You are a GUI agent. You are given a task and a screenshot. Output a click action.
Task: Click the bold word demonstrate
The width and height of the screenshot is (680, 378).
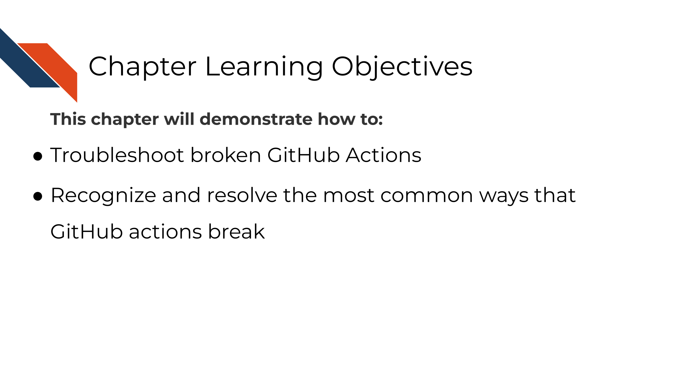256,119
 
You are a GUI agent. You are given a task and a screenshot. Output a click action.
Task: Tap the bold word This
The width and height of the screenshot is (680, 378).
68,119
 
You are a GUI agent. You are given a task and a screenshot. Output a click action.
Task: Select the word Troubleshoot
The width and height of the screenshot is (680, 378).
117,155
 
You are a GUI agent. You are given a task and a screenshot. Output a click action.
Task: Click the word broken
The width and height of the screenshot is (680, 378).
226,155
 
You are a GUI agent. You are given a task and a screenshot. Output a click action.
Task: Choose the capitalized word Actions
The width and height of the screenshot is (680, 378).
384,155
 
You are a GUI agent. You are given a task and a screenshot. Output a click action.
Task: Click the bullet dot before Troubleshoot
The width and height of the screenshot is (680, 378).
38,156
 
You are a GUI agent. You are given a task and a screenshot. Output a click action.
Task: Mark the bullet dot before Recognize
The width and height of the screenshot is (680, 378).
38,196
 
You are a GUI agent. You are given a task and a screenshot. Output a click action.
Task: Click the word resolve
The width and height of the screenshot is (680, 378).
242,195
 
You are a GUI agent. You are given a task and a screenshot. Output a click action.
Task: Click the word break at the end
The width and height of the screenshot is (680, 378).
237,231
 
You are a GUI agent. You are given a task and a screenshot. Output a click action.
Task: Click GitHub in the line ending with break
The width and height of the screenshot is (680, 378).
86,231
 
